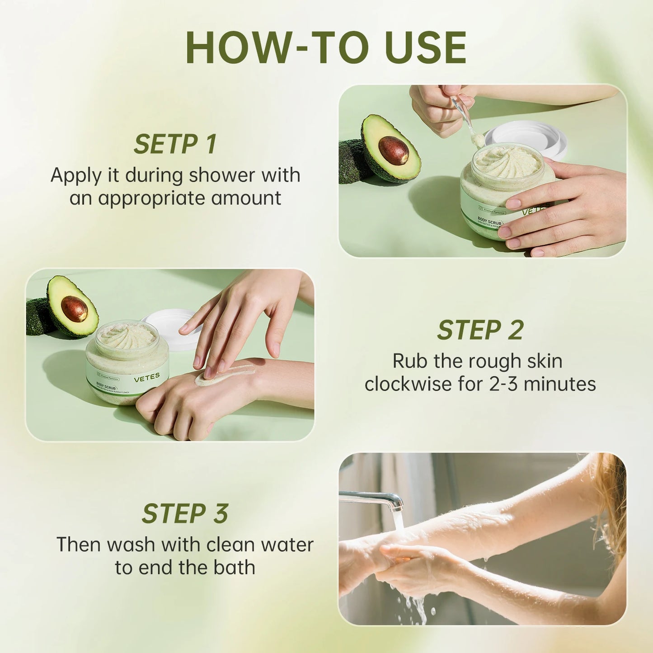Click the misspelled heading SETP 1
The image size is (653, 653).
(x=175, y=144)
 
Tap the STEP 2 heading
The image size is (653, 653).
(x=480, y=330)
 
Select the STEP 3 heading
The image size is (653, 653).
(x=185, y=514)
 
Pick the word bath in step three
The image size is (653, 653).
(x=234, y=568)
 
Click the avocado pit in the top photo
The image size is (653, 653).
(x=393, y=150)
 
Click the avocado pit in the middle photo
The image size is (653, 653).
(x=74, y=309)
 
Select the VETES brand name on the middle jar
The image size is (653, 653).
(x=147, y=377)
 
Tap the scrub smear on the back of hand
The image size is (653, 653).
(x=226, y=375)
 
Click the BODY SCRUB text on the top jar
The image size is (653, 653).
(x=489, y=221)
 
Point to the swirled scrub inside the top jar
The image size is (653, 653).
(x=507, y=162)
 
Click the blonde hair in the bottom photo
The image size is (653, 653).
(x=612, y=502)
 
